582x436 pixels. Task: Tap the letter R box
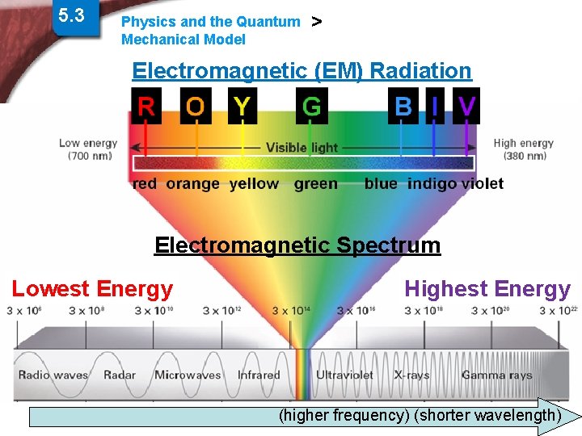click(x=146, y=106)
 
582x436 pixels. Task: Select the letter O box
click(x=195, y=106)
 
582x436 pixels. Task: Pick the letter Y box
click(x=242, y=106)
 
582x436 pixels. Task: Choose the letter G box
click(x=311, y=106)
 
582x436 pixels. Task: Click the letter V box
click(x=466, y=106)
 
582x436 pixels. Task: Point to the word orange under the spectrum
click(x=192, y=184)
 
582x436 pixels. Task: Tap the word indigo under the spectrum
click(x=432, y=184)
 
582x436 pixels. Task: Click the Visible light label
click(x=302, y=148)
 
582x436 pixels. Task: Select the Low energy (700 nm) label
click(x=88, y=149)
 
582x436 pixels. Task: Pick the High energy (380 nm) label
click(x=524, y=149)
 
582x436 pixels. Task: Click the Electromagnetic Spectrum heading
click(x=297, y=245)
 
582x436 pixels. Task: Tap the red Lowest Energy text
click(x=92, y=288)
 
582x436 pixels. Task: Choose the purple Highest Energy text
click(x=487, y=288)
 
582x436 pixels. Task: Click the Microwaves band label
click(x=188, y=375)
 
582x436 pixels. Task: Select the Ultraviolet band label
click(x=344, y=375)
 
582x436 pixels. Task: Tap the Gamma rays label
click(x=497, y=375)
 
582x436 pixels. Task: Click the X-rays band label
click(x=412, y=375)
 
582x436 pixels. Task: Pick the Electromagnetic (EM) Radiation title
click(x=302, y=71)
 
